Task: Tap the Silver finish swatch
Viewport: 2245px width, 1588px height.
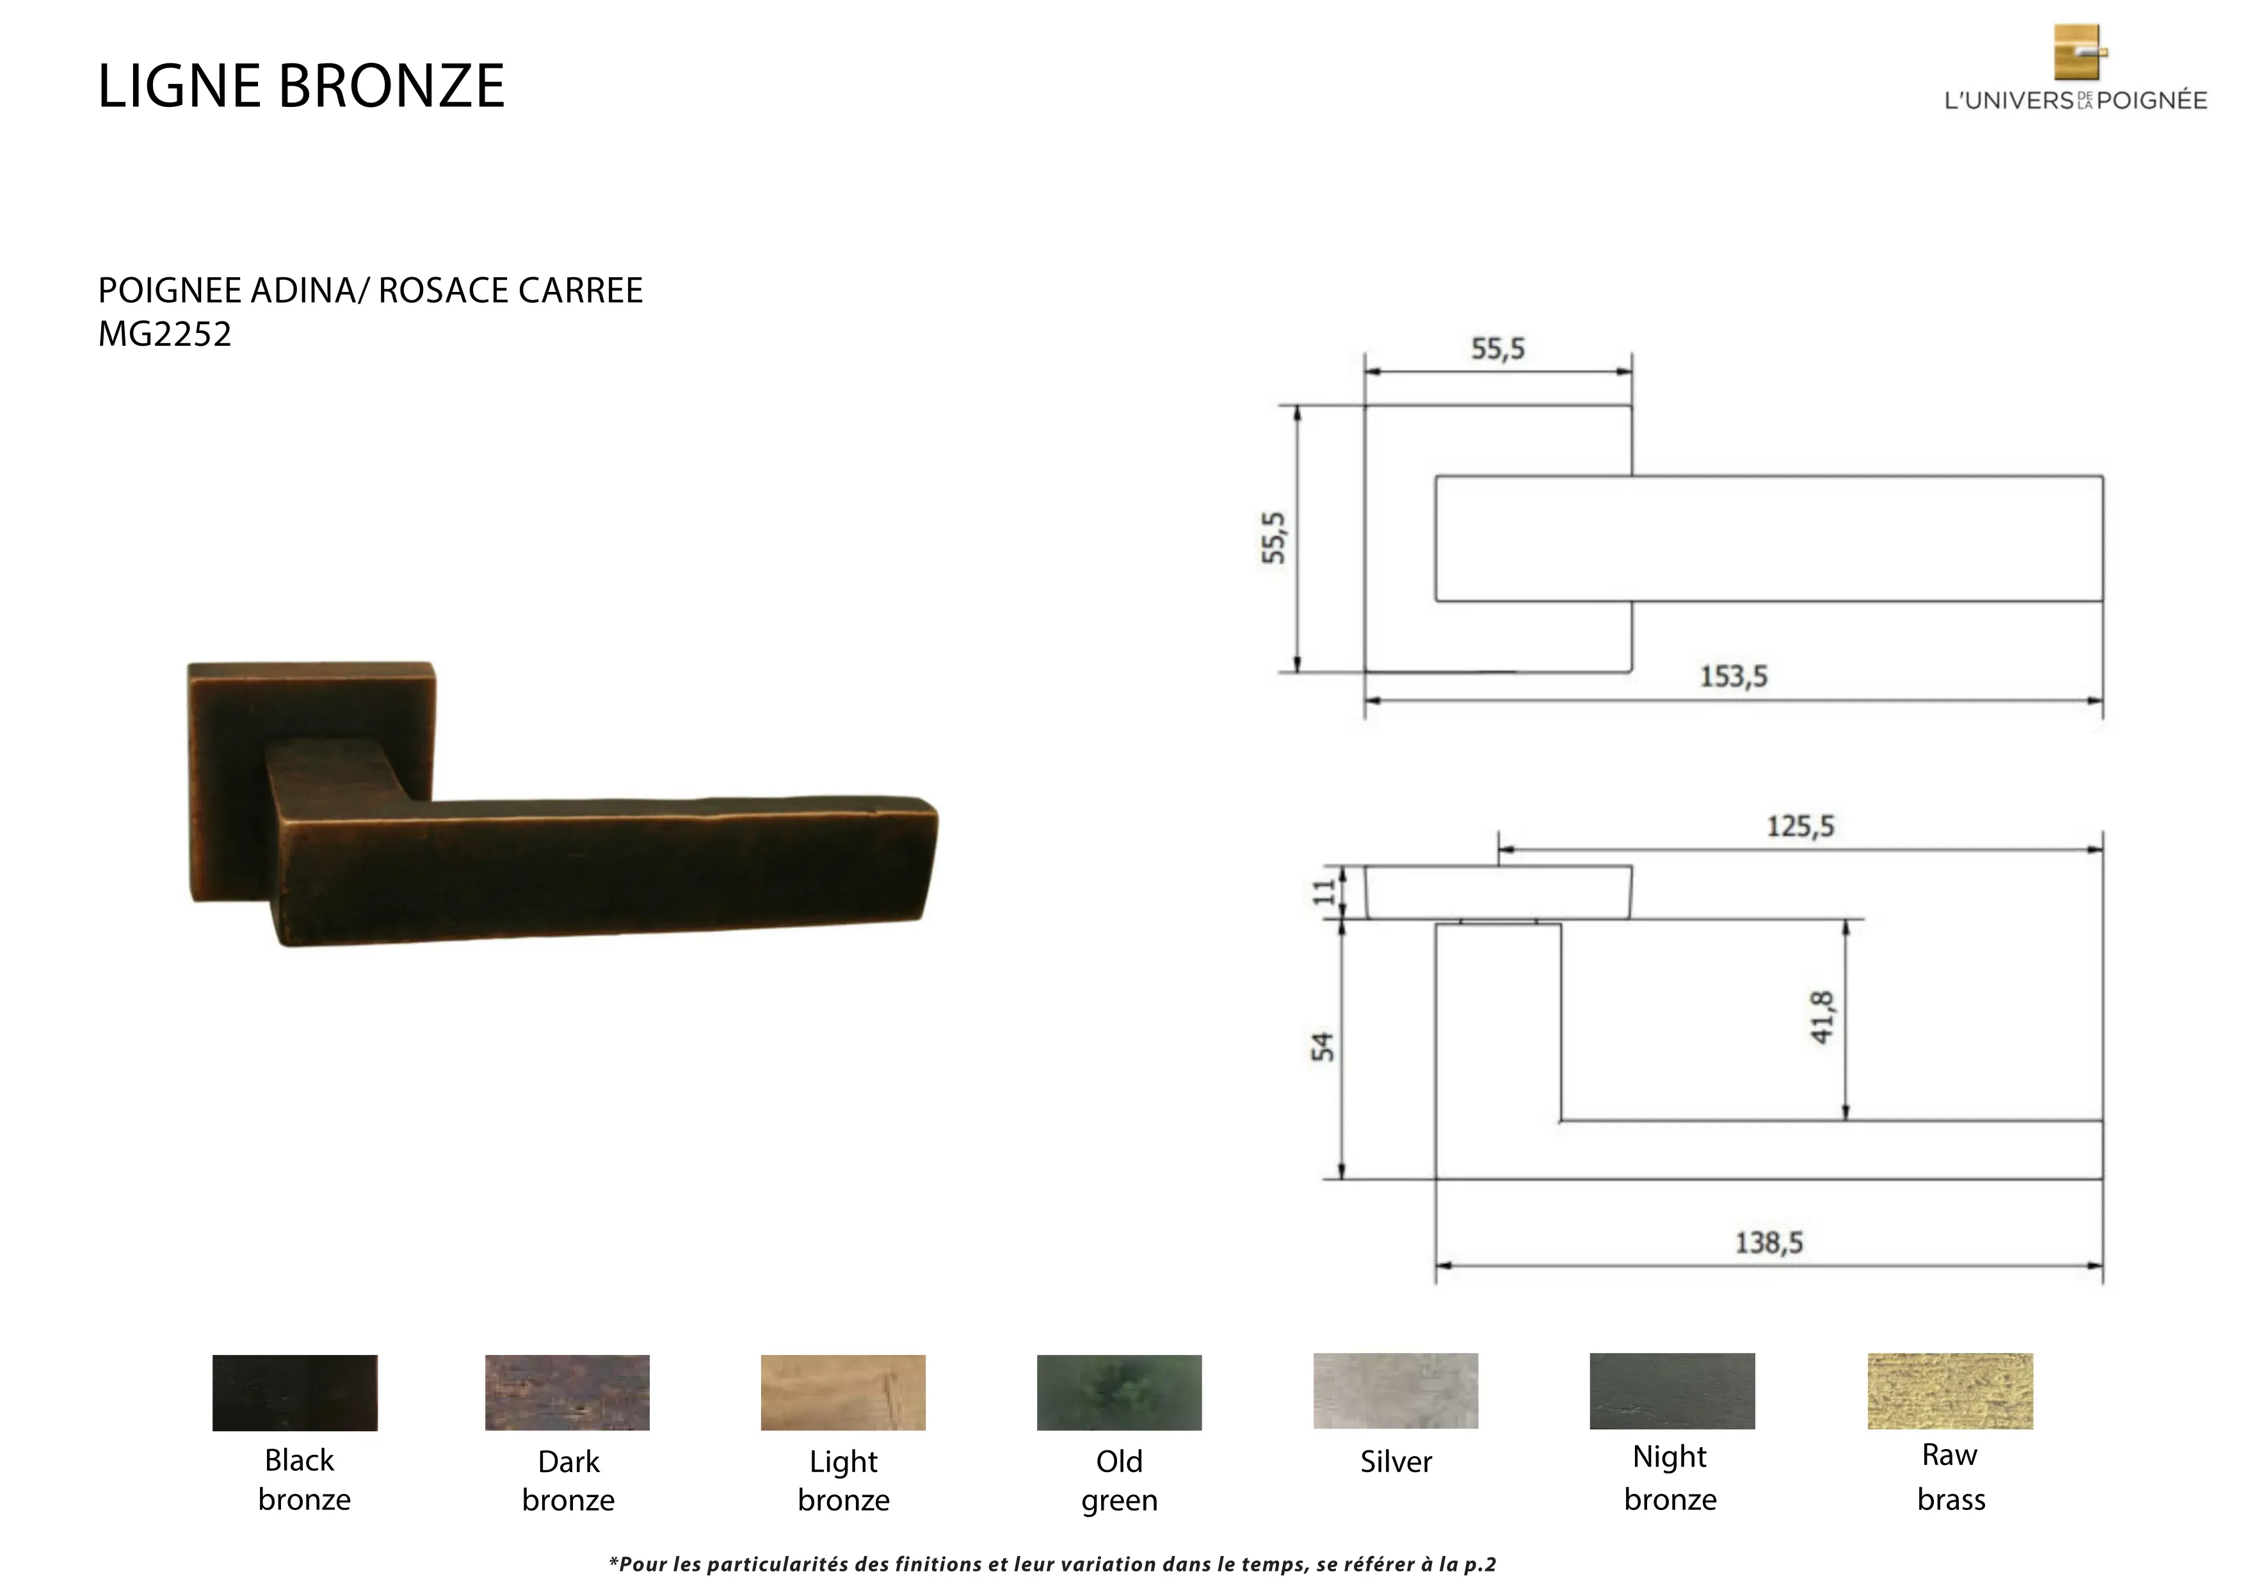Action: coord(1396,1391)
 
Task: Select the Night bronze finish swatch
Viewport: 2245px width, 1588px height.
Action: coord(1672,1391)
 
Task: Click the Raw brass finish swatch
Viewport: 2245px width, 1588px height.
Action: coord(1950,1391)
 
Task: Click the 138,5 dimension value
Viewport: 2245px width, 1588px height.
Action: coord(1769,1243)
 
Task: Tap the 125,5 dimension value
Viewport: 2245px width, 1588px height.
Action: coord(1800,826)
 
